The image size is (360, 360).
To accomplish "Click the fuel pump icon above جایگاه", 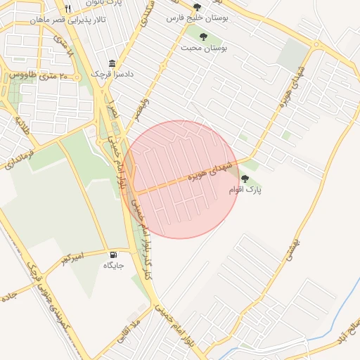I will (x=114, y=254).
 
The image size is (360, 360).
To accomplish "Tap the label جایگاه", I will (x=114, y=266).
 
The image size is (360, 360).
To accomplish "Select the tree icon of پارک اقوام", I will (x=245, y=179).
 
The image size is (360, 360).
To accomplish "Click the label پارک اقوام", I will (x=245, y=191).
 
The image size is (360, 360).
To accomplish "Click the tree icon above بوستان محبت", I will (x=202, y=36).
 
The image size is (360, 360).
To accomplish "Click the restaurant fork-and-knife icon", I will (x=67, y=9).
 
